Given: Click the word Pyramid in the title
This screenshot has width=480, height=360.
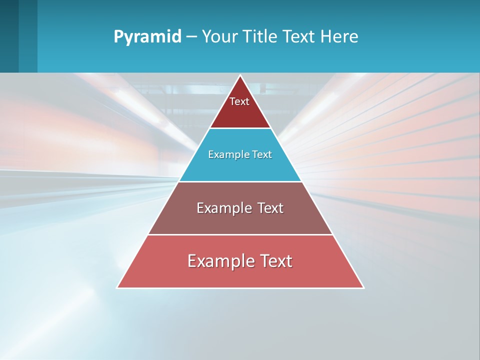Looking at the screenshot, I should click(x=147, y=37).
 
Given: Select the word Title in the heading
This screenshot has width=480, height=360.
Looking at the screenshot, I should click(x=259, y=36).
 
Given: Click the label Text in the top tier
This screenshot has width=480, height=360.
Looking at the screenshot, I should click(x=239, y=101).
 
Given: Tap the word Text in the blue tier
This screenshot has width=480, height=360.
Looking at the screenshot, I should click(x=262, y=154).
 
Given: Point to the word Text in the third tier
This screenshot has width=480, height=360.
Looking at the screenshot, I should click(x=270, y=208).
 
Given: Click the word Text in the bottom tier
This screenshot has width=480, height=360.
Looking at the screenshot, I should click(x=276, y=261).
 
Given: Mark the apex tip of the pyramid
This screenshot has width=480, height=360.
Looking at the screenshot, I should click(x=240, y=76).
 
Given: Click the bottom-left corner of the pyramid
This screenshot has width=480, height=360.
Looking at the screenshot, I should click(x=117, y=287).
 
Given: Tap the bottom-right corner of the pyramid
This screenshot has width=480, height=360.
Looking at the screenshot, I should click(x=363, y=287).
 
